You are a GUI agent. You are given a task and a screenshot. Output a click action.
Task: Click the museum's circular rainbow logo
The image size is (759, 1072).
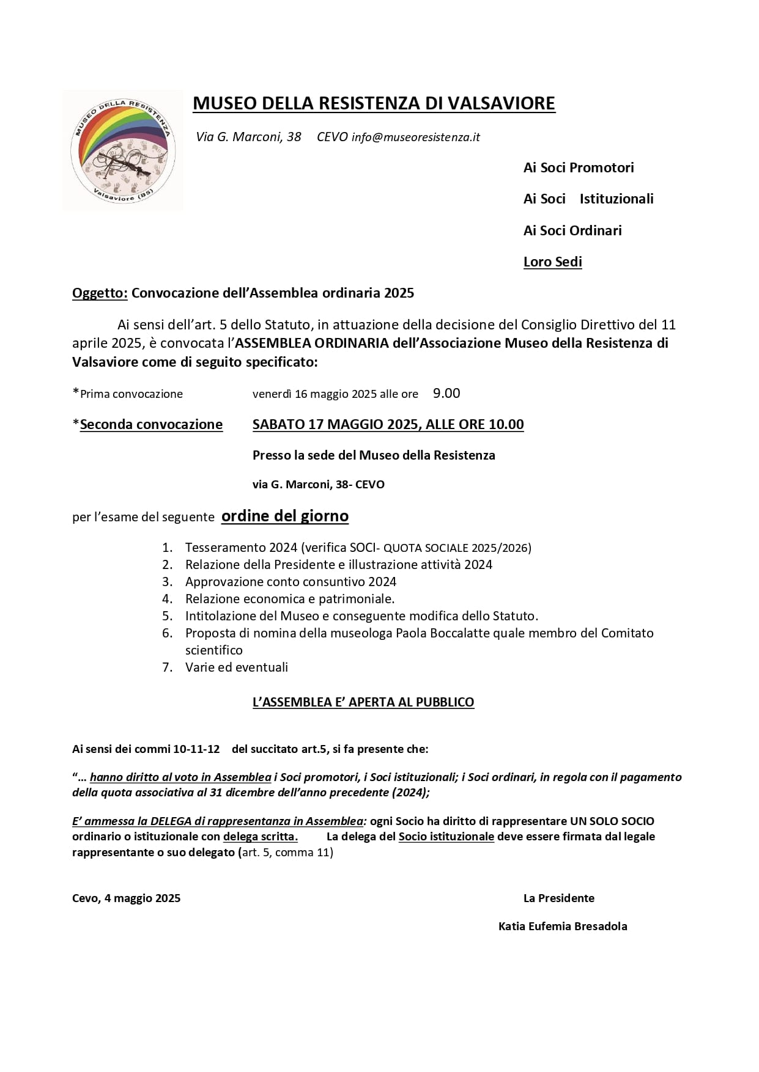tap(122, 150)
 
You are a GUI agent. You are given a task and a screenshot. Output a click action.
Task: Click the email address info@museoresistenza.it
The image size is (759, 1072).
tap(416, 137)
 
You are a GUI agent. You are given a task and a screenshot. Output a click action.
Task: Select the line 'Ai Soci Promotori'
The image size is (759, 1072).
tap(579, 167)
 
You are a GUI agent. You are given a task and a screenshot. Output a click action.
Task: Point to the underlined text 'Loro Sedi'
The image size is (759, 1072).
tap(553, 262)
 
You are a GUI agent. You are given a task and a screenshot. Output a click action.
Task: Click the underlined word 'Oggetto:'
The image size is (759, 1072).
tap(100, 293)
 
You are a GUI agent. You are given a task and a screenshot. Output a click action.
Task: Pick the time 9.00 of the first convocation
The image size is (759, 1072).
tap(446, 393)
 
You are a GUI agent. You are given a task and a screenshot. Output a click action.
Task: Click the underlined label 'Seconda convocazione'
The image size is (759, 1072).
tap(151, 424)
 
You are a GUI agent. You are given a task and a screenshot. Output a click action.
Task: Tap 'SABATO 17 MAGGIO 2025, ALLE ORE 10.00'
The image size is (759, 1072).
tap(388, 424)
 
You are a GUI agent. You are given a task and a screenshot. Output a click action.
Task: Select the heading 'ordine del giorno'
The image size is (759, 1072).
tap(285, 516)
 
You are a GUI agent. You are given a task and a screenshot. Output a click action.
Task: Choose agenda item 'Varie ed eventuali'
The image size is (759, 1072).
tap(237, 667)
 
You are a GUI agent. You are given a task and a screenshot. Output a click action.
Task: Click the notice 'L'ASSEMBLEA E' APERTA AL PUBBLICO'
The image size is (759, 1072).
tap(363, 702)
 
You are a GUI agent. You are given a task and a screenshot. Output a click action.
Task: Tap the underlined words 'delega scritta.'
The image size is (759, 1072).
tap(261, 836)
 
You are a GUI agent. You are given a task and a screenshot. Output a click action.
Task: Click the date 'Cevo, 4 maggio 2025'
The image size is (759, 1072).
tap(126, 898)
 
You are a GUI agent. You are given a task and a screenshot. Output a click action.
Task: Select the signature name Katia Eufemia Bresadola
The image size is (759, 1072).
tap(563, 926)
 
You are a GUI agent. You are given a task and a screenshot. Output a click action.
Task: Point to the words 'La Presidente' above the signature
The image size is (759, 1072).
tap(559, 898)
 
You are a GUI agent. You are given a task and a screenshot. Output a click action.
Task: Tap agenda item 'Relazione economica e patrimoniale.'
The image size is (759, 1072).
tap(290, 599)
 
